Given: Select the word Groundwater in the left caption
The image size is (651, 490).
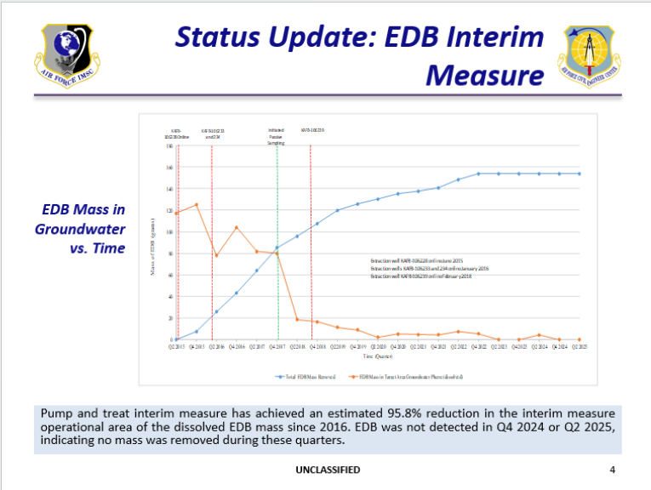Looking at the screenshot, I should pos(80,229).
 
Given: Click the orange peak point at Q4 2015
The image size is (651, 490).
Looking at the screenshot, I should pos(197,205).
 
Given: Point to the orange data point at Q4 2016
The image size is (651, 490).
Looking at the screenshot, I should pos(237,227).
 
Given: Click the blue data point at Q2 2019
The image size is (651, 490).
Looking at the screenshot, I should pos(337,210).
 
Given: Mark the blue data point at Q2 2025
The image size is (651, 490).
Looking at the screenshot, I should pos(580,174).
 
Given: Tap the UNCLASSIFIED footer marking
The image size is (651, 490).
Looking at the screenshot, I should pos(328,470).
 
